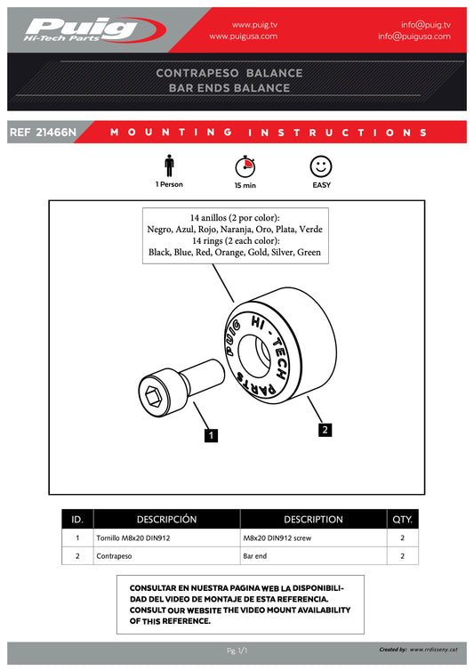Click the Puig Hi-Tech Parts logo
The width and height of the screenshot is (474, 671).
pos(95,30)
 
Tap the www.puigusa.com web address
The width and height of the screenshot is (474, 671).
pos(243,36)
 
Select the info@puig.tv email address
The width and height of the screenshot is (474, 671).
pos(426,25)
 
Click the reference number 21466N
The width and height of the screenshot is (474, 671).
pos(56,133)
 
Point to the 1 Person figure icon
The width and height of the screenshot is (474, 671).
pos(169,166)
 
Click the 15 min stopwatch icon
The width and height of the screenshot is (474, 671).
pos(245,166)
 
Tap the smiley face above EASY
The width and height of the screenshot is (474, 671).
pos(321,166)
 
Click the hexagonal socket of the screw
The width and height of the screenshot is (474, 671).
pos(153,397)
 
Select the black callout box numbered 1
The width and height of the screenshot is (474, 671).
pos(211,436)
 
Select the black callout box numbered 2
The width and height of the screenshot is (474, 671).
pos(325,430)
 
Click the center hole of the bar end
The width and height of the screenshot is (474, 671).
pos(253,356)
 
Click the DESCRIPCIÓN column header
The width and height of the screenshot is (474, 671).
pos(167,519)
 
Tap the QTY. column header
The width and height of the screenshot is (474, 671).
pos(403,519)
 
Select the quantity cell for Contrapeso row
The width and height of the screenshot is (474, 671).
pos(403,556)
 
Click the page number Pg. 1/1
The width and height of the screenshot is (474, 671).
pos(237,651)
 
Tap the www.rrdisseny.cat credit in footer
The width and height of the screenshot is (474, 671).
pos(433,650)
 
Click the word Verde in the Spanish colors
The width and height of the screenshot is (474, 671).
pos(311,229)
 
